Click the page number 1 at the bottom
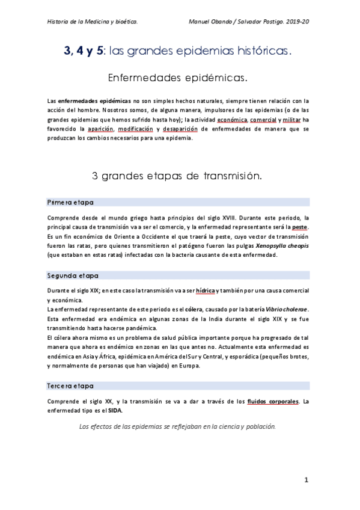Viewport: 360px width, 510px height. point(306,479)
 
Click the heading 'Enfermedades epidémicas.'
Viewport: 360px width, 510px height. point(177,78)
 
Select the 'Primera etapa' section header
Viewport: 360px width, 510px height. point(70,202)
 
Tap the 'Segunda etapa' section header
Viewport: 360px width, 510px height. point(72,275)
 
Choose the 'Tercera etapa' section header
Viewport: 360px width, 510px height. point(70,386)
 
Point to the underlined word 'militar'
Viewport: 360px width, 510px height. point(291,119)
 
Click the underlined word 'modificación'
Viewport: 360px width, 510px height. point(136,129)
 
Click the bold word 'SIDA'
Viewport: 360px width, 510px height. point(114,411)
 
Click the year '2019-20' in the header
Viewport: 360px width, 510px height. point(304,22)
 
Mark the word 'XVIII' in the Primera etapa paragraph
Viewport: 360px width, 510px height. point(225,217)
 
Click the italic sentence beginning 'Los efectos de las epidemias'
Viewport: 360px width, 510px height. point(177,426)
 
